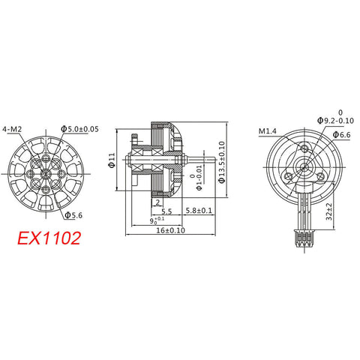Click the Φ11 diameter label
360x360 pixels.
pos(112,160)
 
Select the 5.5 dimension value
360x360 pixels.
pos(167,211)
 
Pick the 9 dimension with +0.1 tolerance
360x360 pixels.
pos(154,221)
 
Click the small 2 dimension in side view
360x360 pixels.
pos(137,202)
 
